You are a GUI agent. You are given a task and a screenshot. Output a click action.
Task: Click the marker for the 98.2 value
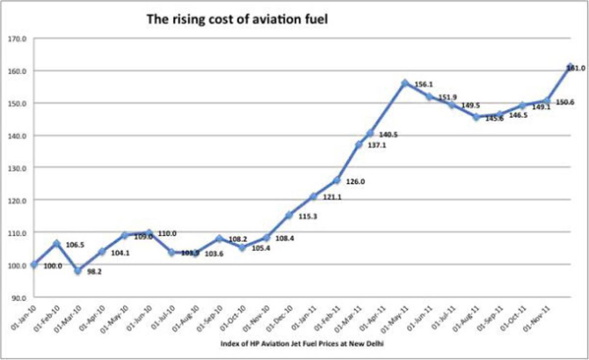click(78, 271)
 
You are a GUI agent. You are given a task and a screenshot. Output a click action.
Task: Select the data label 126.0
click(357, 181)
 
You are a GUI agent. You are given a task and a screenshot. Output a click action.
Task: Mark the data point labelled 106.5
click(56, 243)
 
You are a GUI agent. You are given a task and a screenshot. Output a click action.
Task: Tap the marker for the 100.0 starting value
click(34, 264)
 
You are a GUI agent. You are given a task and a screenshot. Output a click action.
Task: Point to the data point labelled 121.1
click(313, 196)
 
